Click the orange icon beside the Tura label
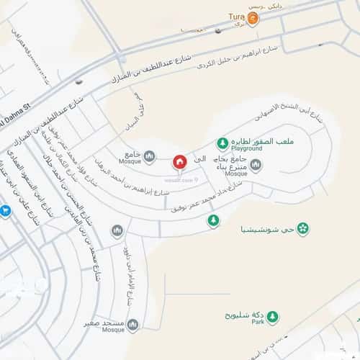tap(253, 16)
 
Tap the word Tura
tap(236, 15)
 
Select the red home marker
tap(179, 162)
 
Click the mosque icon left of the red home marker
tap(150, 156)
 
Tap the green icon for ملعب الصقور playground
tap(223, 143)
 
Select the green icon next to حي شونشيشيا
tap(304, 229)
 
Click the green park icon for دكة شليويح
tap(274, 318)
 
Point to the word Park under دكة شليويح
tap(258, 322)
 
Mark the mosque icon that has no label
tap(117, 230)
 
